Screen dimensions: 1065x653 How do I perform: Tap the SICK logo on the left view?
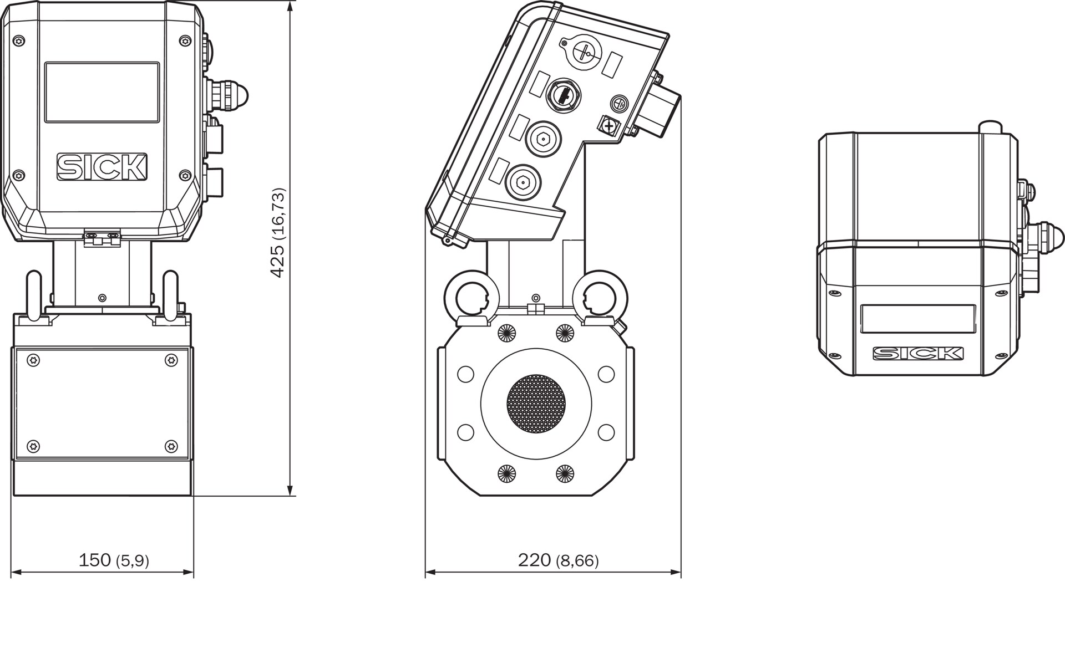(102, 167)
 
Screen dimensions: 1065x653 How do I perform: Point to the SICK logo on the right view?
(918, 353)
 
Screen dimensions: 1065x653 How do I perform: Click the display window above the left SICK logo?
(102, 92)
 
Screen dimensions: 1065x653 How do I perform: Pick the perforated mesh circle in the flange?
(536, 404)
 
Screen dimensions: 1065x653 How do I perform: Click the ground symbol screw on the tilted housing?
(618, 103)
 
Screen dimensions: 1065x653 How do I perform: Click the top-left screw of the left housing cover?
(20, 40)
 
